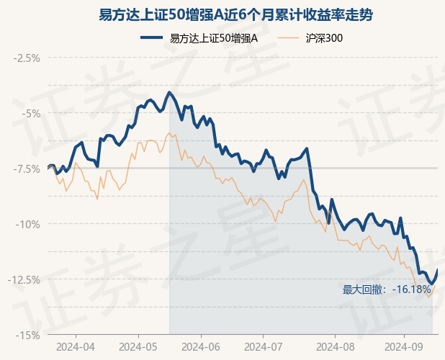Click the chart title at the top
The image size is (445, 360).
click(235, 15)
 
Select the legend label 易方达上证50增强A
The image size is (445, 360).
click(214, 38)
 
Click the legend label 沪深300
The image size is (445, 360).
click(324, 38)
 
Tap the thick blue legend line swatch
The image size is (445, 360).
click(151, 37)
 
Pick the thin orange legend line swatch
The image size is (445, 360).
click(288, 37)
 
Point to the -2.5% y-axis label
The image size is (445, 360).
click(27, 58)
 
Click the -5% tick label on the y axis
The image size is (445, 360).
click(31, 114)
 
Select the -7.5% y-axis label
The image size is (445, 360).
click(27, 169)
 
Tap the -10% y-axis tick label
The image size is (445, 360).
click(28, 225)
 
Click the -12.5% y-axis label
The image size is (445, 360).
click(24, 280)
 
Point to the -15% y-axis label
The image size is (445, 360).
click(28, 336)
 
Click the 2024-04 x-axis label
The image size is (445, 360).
click(76, 346)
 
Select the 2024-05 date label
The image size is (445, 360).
click(138, 346)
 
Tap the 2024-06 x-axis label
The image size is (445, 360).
click(201, 346)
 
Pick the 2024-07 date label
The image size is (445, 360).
click(264, 346)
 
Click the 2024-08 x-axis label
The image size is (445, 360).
click(335, 346)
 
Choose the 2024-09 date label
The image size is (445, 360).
click(404, 346)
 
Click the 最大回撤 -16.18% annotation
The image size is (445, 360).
click(387, 289)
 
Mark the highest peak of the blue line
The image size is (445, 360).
click(169, 92)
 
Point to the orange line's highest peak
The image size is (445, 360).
click(169, 132)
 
